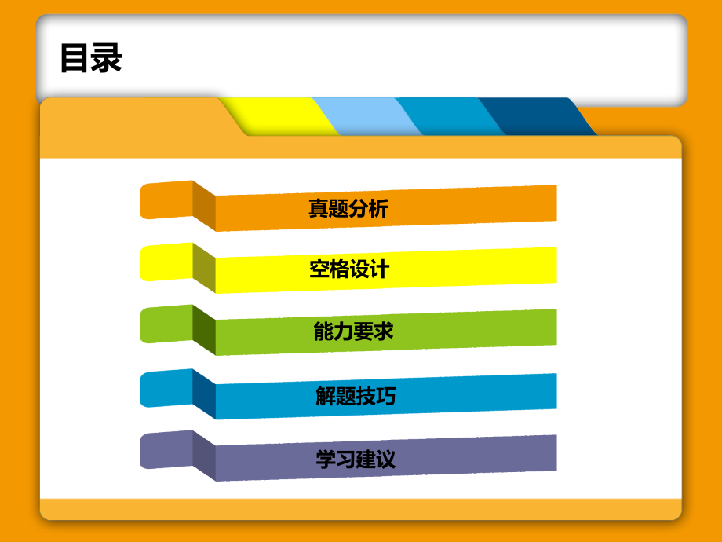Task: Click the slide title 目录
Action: [91, 59]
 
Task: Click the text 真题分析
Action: [348, 208]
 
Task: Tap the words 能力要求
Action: [348, 332]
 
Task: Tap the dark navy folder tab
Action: [534, 116]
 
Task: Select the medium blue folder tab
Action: [447, 116]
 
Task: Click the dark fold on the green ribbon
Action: [204, 330]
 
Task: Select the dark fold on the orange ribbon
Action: [204, 206]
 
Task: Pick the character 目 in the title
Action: [75, 59]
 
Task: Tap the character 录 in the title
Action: [107, 59]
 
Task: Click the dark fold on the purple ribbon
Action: [204, 456]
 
